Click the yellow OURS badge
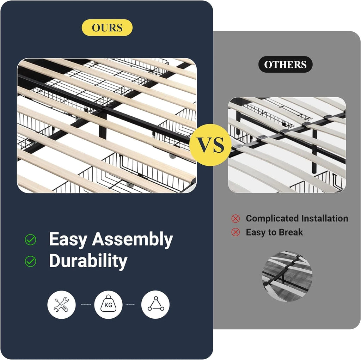point(107,28)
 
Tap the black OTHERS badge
point(285,65)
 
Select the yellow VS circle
point(210,145)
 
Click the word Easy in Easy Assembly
point(68,240)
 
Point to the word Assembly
point(133,240)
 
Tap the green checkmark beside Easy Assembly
point(30,240)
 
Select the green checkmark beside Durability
point(30,261)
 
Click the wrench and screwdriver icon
point(61,305)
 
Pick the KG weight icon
point(108,305)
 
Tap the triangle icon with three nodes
point(155,305)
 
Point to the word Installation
point(325,218)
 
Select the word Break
point(291,232)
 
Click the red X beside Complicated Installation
point(235,219)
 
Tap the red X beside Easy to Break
point(235,232)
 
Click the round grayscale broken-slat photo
point(287,277)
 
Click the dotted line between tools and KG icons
point(86,305)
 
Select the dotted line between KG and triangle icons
point(130,305)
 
